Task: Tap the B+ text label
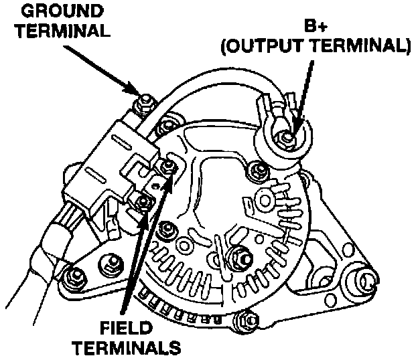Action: (x=315, y=27)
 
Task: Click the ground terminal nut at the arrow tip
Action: (x=141, y=104)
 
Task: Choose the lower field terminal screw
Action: (x=142, y=203)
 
